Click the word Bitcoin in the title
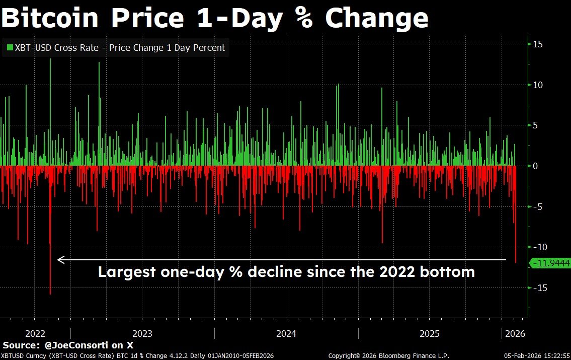[50, 17]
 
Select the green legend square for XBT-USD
[10, 47]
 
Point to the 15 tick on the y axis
[538, 44]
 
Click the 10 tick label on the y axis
[538, 85]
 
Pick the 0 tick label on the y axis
[535, 166]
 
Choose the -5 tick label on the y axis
[538, 206]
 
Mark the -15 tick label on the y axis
[540, 288]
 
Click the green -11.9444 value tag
[550, 263]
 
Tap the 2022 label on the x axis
[35, 333]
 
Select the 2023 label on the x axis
[142, 333]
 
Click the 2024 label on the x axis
[286, 333]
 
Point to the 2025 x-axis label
[430, 333]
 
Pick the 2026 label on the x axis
[515, 333]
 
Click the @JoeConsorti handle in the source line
[76, 345]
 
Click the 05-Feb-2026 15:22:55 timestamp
[537, 355]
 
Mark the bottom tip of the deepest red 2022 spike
[50, 294]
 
